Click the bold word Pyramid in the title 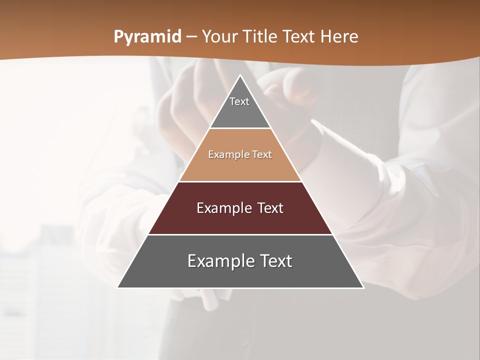[147, 37]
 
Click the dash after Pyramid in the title [191, 37]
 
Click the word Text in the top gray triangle [239, 101]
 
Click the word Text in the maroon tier [271, 208]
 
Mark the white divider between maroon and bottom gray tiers [240, 234]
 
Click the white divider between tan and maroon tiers [240, 181]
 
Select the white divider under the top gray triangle [240, 128]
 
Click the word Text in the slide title [299, 37]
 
